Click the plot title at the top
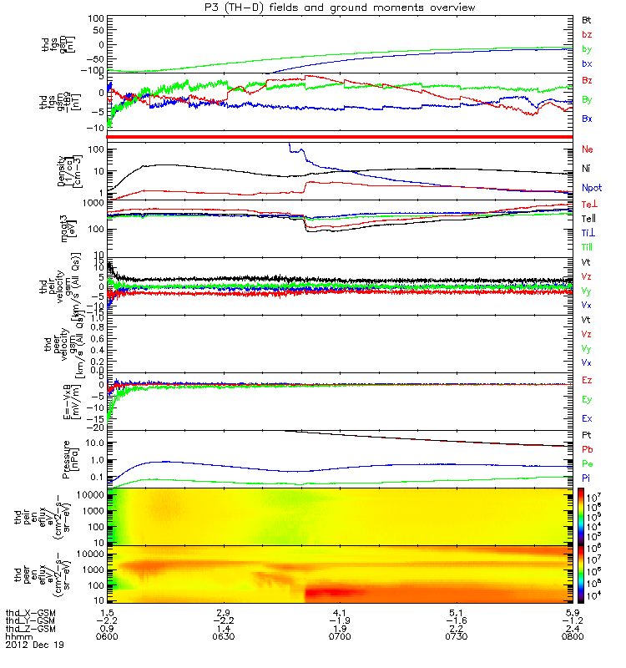click(341, 8)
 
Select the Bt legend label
click(587, 18)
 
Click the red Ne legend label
click(588, 149)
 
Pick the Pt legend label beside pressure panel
click(587, 437)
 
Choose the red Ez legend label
click(587, 381)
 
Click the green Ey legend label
click(587, 399)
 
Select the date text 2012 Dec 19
click(34, 645)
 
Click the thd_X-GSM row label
click(30, 612)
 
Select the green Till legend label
click(588, 247)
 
